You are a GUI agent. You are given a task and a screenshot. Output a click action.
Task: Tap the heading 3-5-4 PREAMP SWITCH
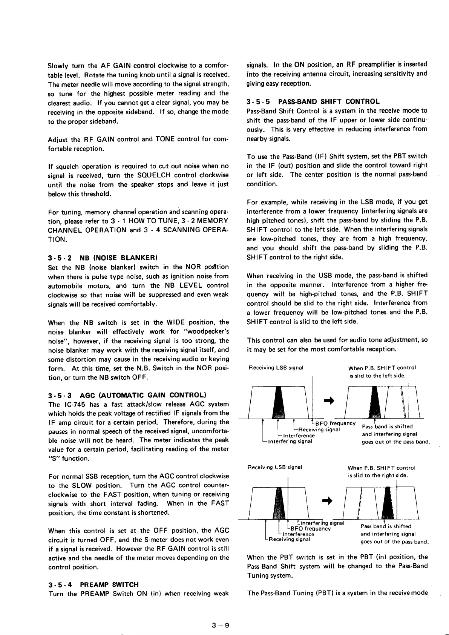coord(93,584)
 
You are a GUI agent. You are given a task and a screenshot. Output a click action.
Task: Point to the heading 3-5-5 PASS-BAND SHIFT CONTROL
coord(313,101)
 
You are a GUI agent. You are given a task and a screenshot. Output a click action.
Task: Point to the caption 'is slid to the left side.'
coord(377,376)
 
